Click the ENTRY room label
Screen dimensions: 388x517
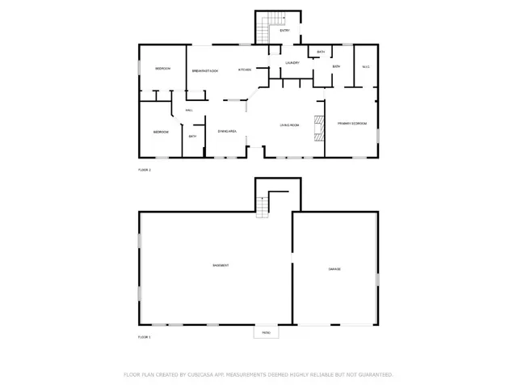pos(284,31)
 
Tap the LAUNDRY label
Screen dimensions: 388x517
pos(292,62)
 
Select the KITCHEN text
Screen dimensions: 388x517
pos(244,70)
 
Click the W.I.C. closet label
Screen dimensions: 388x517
pos(365,66)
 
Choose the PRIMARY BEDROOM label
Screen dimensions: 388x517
pos(352,124)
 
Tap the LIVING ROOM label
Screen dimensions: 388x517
pos(289,125)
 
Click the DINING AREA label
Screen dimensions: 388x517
pos(226,131)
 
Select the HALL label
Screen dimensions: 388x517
pos(189,110)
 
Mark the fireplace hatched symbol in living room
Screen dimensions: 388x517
pos(318,129)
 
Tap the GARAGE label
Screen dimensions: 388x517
pos(334,268)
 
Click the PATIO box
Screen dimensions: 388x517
pos(266,332)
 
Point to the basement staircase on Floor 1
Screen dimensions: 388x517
pos(263,208)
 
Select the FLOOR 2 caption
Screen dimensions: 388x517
pos(145,170)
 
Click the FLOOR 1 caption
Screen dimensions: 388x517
pos(145,336)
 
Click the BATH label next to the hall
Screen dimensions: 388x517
pos(192,137)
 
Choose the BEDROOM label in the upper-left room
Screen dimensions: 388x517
pos(162,69)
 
